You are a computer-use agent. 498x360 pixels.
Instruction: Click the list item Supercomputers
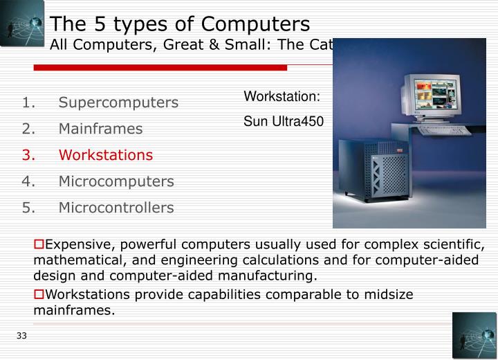(118, 102)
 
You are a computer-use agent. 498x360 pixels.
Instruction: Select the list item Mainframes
(100, 129)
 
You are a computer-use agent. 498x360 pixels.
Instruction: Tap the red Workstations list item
(105, 155)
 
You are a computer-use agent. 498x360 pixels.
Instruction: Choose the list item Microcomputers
(116, 181)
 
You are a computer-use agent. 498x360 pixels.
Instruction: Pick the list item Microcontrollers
(116, 208)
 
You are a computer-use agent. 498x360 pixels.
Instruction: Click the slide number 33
(21, 336)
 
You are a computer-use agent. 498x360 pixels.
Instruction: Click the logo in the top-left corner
(22, 23)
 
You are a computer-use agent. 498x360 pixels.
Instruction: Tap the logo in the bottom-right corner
(474, 335)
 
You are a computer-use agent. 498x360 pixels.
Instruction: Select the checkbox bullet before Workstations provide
(39, 294)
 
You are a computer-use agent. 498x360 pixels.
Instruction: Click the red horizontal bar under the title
(160, 68)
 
